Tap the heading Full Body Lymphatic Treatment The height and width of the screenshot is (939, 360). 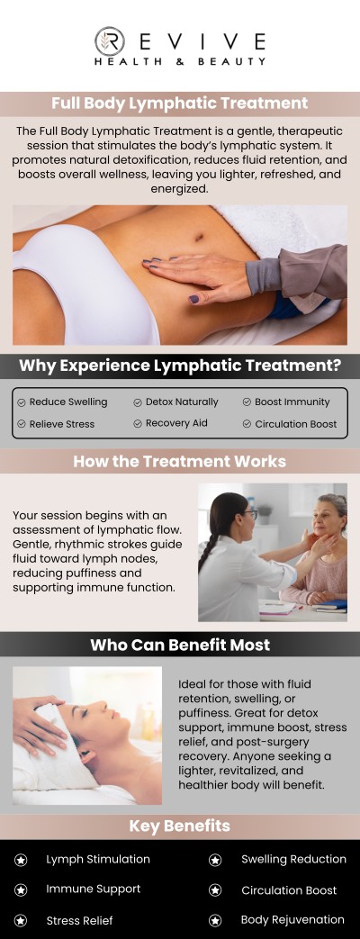coord(180,104)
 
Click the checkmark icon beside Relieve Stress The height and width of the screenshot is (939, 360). coord(21,424)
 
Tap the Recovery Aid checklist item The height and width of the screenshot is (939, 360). coord(176,423)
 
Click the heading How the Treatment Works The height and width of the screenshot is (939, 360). coord(180,461)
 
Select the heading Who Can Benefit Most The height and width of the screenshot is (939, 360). coord(180,645)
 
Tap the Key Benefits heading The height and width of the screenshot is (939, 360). coord(180,826)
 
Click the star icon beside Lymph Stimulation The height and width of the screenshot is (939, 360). coord(21,860)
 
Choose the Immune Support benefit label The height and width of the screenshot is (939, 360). coord(94,889)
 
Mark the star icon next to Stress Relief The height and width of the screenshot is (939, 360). coord(21,920)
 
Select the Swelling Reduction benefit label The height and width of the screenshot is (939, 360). coord(293,859)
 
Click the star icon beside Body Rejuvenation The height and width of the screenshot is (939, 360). coord(215,920)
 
